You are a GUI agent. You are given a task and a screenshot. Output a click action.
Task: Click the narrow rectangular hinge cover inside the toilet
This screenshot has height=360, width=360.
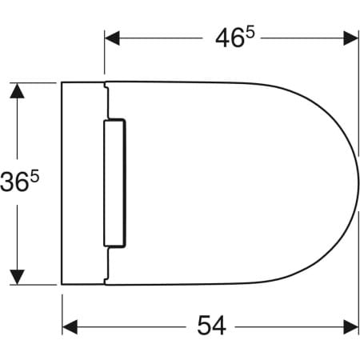[x=114, y=182]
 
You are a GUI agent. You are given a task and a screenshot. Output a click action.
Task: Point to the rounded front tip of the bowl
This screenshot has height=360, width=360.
[x=357, y=182]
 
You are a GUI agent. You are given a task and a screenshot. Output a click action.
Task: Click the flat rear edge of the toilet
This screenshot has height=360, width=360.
[x=62, y=182]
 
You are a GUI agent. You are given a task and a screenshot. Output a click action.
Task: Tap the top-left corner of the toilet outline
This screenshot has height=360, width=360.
[x=62, y=82]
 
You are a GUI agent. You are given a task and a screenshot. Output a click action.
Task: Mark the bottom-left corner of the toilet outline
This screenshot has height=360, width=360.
[x=62, y=283]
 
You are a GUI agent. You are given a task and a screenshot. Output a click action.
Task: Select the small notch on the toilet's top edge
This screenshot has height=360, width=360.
[x=105, y=83]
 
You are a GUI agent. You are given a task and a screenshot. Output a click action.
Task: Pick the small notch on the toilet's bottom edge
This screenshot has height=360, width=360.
[x=105, y=282]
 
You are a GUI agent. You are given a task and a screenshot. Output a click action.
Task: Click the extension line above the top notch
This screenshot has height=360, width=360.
[x=105, y=56]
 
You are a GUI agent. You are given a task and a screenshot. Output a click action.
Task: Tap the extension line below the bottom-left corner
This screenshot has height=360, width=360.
[x=62, y=308]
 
